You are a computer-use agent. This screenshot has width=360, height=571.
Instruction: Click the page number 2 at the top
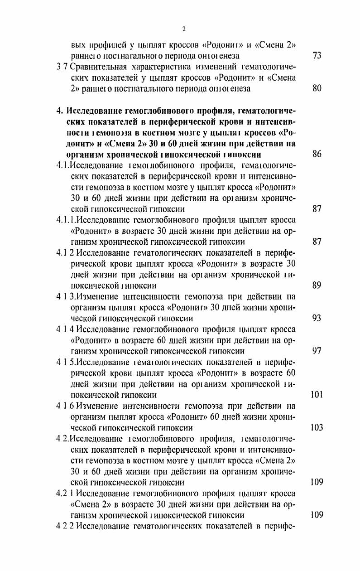[x=183, y=29]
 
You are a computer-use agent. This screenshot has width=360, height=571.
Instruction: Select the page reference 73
[x=317, y=56]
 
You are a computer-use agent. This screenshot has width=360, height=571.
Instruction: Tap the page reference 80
[x=317, y=89]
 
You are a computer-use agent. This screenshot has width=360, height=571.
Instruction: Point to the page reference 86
[x=317, y=155]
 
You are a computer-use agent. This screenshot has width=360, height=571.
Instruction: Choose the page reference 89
[x=317, y=285]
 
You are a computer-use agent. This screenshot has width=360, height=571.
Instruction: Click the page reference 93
[x=317, y=318]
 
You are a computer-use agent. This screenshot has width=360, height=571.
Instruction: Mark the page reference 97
[x=317, y=351]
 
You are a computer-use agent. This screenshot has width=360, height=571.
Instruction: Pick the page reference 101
[x=317, y=395]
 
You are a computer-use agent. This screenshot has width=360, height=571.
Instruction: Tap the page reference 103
[x=317, y=427]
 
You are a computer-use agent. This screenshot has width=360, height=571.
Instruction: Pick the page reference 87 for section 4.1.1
[x=317, y=242]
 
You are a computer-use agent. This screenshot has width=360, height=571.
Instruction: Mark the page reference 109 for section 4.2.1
[x=317, y=515]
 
